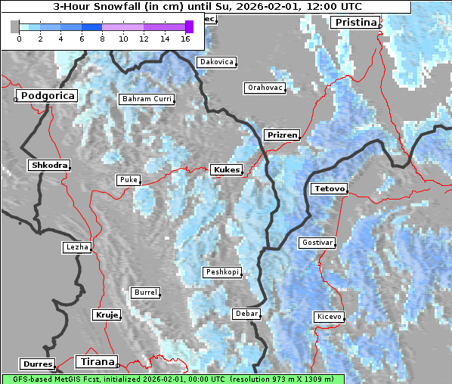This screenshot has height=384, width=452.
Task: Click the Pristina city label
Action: click(354, 22)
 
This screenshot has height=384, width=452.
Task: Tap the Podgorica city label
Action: click(47, 96)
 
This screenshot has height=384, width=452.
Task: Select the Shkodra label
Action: click(49, 165)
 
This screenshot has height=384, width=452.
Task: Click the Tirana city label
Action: click(98, 361)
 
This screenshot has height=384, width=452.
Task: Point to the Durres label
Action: click(38, 364)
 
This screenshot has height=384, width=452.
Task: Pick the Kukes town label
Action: click(227, 169)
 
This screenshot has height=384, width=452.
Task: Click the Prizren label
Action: click(282, 135)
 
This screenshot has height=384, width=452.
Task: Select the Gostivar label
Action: click(317, 243)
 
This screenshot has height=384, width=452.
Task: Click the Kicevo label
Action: click(329, 317)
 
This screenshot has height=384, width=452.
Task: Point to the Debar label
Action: click(246, 313)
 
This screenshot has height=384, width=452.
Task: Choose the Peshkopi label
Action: click(222, 271)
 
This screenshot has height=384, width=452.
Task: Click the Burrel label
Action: click(145, 292)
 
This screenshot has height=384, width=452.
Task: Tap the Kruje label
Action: click(106, 314)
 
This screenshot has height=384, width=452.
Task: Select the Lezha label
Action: click(76, 247)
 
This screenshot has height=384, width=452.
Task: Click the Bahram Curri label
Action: click(147, 99)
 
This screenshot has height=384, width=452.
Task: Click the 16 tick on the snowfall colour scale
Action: click(186, 38)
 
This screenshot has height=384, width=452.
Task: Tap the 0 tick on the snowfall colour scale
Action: click(19, 38)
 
